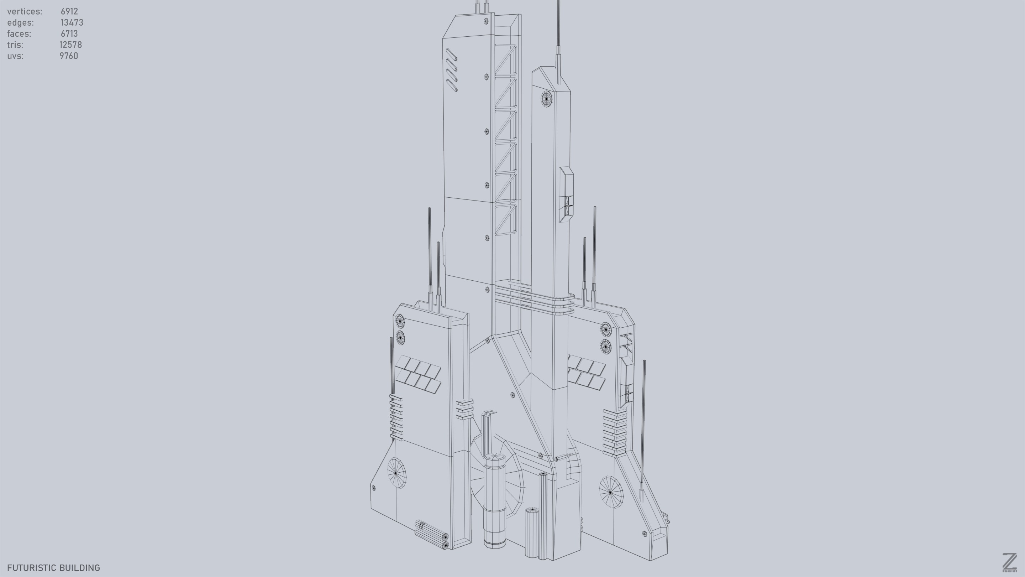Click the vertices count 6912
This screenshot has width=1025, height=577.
pyautogui.click(x=69, y=11)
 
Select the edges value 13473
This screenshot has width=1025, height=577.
pyautogui.click(x=72, y=23)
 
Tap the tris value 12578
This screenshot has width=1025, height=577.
pyautogui.click(x=70, y=45)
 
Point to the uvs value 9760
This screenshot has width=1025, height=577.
pyautogui.click(x=69, y=56)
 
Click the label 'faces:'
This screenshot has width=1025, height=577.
pyautogui.click(x=19, y=34)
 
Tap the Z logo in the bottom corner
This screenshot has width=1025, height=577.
pyautogui.click(x=1009, y=562)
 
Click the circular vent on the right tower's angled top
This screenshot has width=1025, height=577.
pyautogui.click(x=546, y=98)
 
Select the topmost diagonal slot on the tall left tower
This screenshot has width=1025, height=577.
pyautogui.click(x=451, y=55)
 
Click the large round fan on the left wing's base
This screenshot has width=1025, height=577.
pyautogui.click(x=396, y=473)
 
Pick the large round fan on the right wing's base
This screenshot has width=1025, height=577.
pyautogui.click(x=611, y=492)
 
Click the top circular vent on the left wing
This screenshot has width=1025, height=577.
pyautogui.click(x=399, y=321)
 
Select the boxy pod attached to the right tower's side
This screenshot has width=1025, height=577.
pyautogui.click(x=566, y=194)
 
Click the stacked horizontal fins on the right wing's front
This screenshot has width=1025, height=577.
pyautogui.click(x=614, y=432)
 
